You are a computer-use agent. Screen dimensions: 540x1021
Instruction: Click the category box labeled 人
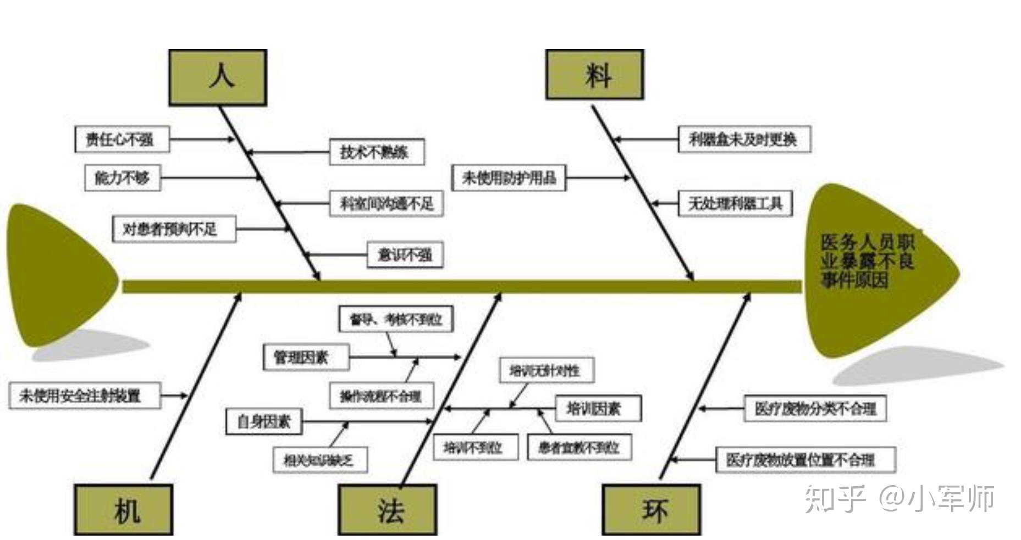(218, 77)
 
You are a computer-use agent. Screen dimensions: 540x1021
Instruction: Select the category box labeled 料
(594, 75)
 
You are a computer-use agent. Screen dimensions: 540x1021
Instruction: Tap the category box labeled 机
(124, 510)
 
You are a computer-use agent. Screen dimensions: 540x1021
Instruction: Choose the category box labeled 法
(388, 510)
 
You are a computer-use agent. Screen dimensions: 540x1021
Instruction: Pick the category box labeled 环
(652, 510)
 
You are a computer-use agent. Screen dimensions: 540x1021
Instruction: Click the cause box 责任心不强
(122, 139)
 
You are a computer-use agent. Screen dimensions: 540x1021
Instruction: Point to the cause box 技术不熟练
(377, 152)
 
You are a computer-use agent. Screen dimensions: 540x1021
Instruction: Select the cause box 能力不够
(122, 177)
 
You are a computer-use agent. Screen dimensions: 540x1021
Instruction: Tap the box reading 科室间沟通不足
(387, 203)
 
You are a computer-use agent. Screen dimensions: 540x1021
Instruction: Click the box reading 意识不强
(405, 255)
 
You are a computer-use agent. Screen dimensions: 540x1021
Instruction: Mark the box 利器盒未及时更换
(744, 139)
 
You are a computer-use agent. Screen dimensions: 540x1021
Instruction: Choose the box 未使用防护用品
(509, 177)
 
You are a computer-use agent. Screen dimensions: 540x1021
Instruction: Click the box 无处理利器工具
(735, 203)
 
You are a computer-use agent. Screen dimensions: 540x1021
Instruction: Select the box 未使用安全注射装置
(84, 396)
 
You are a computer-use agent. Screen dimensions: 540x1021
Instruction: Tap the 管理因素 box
(305, 358)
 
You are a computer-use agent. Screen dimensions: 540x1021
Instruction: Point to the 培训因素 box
(598, 408)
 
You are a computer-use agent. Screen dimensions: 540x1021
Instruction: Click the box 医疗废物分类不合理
(815, 408)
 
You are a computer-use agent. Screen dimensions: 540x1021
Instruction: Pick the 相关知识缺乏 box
(320, 460)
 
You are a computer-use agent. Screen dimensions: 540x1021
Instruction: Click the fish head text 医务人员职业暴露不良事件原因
(867, 261)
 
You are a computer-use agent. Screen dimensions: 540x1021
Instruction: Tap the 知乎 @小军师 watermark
(899, 499)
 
